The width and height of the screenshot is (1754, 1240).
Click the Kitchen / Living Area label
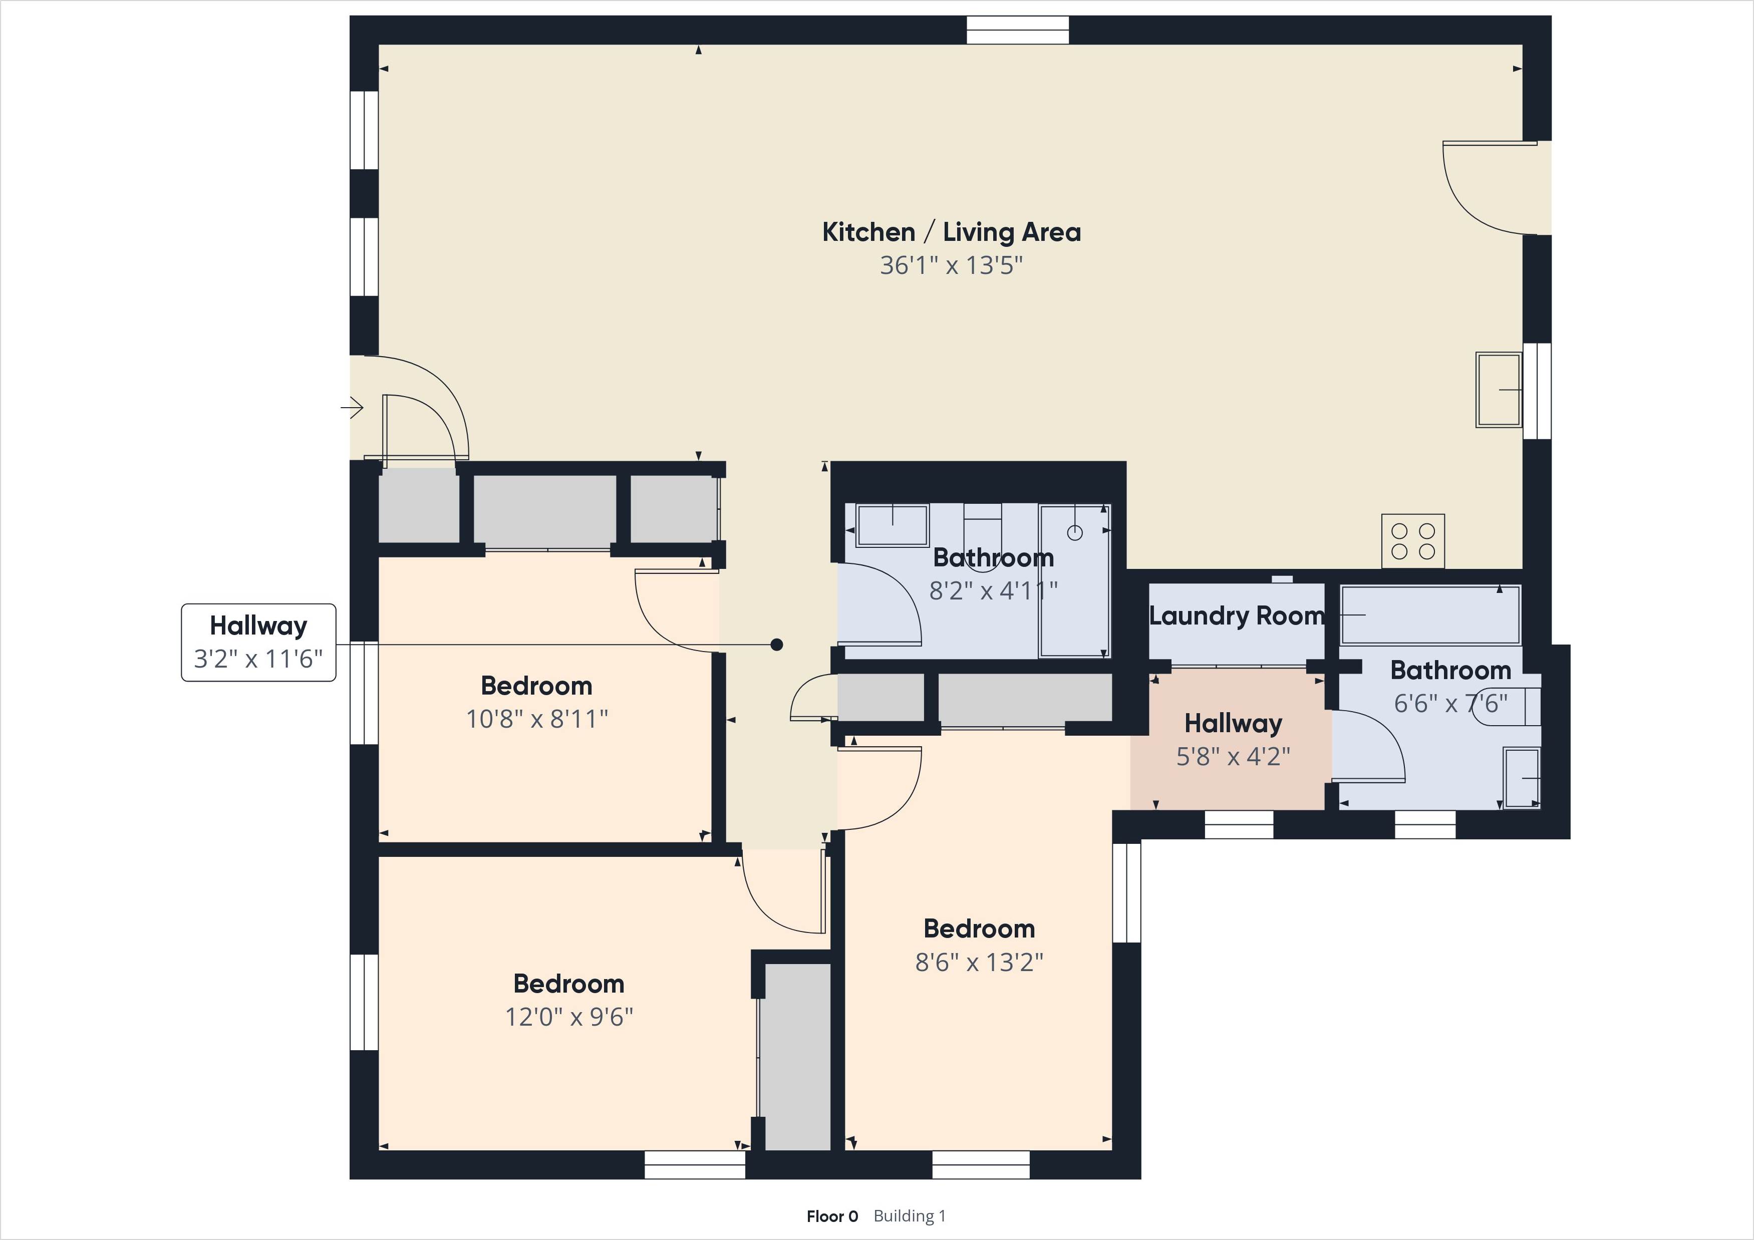coord(951,232)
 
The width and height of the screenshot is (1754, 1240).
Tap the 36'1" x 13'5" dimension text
coord(951,265)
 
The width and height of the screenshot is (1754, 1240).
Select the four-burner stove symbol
coord(1412,541)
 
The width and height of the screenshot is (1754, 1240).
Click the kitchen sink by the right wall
coord(1498,390)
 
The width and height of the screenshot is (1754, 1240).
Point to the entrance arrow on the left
coord(352,408)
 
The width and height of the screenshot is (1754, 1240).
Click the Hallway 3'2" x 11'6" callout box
coord(258,642)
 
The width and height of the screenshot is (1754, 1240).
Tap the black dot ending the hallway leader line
coord(777,645)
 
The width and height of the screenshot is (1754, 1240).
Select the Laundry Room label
coord(1236,616)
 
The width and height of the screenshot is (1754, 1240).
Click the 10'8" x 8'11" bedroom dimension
coord(537,719)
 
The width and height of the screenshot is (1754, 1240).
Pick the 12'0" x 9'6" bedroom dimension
coord(569,1017)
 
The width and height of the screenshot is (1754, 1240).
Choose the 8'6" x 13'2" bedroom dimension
coord(979,962)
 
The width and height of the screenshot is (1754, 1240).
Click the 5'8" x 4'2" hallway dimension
coord(1233,756)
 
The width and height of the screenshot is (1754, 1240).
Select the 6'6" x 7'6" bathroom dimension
coord(1450,703)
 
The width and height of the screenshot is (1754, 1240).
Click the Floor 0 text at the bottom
coord(832,1216)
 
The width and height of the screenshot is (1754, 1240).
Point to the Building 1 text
coord(909,1216)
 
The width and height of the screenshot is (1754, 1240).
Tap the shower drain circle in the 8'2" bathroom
coord(1075,532)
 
